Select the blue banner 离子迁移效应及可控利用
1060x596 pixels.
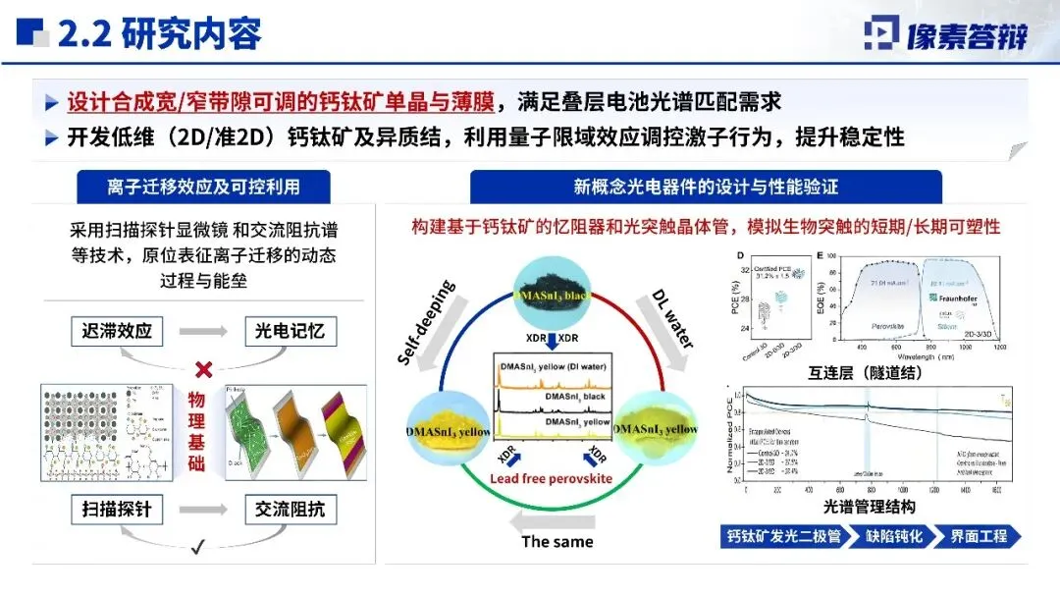203,187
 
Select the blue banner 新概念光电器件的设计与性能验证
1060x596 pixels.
706,187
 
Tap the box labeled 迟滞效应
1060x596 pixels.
118,331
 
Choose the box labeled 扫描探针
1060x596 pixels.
118,510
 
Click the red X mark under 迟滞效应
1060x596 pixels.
205,369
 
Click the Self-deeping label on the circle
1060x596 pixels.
427,323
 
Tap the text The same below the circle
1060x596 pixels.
556,541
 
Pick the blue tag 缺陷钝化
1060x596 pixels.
894,537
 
